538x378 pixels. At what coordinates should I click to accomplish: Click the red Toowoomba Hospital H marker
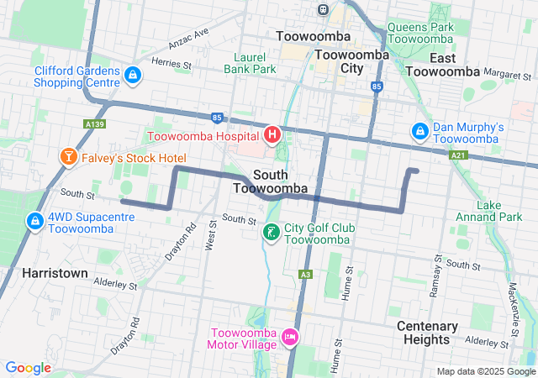272,134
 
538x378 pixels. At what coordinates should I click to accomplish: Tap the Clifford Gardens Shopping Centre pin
132,76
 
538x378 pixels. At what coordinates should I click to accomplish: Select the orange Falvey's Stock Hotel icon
66,157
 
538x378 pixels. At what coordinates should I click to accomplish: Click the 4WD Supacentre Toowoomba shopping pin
34,221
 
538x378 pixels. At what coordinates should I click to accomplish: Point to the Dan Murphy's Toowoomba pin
419,132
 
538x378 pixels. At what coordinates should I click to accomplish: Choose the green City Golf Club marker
272,232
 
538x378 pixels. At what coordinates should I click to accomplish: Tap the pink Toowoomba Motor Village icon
290,337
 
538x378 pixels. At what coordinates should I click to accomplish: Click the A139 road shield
95,123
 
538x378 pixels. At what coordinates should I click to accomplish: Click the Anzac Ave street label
189,38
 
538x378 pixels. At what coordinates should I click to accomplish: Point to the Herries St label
171,62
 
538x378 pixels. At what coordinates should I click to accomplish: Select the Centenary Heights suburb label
427,333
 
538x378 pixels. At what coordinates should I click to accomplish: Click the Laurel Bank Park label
250,63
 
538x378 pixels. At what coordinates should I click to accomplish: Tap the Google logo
28,368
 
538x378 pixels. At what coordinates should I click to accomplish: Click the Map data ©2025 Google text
485,371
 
